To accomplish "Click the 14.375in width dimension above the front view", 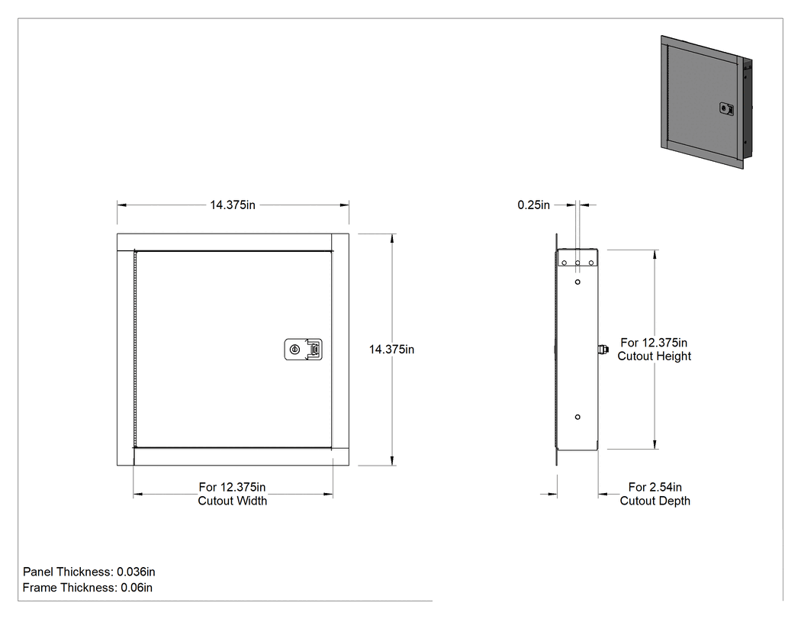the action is click(x=233, y=205).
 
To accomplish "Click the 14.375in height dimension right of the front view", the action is click(x=392, y=350).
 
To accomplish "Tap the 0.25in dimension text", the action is click(x=534, y=205).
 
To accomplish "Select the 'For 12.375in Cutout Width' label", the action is click(x=233, y=494).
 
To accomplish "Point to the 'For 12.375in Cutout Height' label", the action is click(x=655, y=349).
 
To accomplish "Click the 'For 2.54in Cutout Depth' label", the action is click(x=655, y=494).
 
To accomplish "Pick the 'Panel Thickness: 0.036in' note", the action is click(x=89, y=572).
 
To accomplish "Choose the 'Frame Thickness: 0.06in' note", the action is click(x=88, y=587).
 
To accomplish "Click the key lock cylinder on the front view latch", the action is click(x=294, y=350).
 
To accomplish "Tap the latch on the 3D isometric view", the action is click(x=727, y=108).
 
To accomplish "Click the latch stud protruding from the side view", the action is click(x=603, y=350).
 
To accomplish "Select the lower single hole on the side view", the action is click(x=577, y=417).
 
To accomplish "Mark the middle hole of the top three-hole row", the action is click(x=577, y=263).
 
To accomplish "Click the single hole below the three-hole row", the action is click(x=577, y=282).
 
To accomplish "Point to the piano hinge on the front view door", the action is click(x=135, y=349).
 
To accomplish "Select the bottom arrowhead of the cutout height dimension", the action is click(x=655, y=445).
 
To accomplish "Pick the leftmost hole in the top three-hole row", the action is click(x=565, y=263).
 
